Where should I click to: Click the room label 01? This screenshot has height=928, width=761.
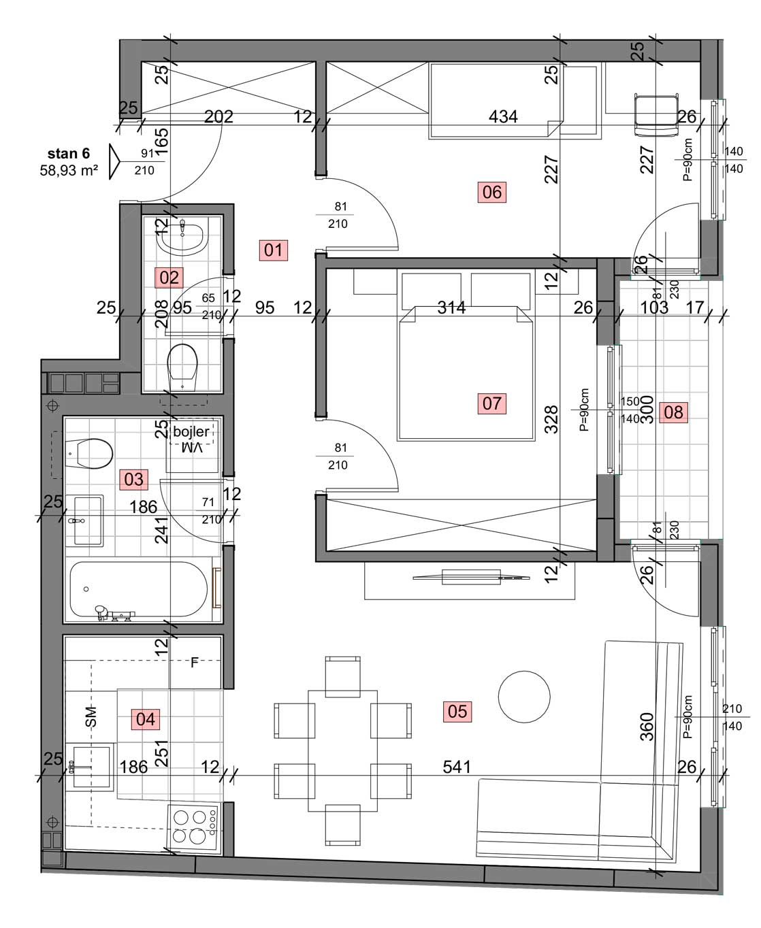tap(274, 250)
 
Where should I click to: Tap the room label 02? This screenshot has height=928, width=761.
tap(169, 278)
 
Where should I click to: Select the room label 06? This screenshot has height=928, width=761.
tap(491, 192)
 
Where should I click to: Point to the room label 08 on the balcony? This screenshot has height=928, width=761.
tap(673, 412)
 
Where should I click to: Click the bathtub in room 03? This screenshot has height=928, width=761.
tap(139, 589)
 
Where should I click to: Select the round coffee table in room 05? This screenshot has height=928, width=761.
tap(523, 697)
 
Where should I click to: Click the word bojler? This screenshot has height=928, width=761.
tap(191, 431)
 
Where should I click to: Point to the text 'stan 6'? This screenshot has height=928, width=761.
tap(68, 154)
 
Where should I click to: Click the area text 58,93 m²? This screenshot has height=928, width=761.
tap(69, 170)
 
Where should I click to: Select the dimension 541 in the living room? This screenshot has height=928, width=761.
tap(457, 767)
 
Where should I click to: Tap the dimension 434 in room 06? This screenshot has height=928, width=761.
tap(503, 116)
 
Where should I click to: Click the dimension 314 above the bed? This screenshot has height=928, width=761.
tap(451, 308)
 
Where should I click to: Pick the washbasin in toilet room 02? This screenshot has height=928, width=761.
tap(182, 237)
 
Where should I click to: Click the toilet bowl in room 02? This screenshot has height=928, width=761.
tap(182, 367)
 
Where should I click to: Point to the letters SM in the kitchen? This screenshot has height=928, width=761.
tap(91, 716)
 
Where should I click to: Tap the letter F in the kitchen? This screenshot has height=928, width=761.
tap(195, 662)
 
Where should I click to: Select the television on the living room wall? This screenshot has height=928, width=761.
tap(471, 577)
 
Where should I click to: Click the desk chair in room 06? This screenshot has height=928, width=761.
tap(655, 115)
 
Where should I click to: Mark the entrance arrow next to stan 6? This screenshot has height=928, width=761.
tap(114, 161)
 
